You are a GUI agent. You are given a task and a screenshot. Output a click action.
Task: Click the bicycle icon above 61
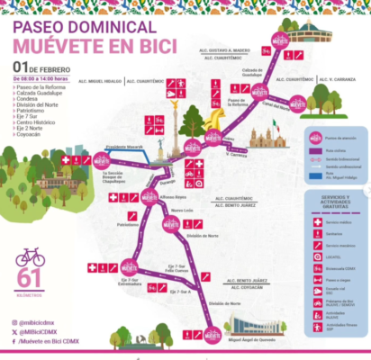pos(30,257)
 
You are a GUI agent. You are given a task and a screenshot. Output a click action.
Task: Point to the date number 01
pos(20,67)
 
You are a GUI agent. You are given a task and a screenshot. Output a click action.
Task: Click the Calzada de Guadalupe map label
pos(250,72)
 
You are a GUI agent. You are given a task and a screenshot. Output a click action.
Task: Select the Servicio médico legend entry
pos(339,221)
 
